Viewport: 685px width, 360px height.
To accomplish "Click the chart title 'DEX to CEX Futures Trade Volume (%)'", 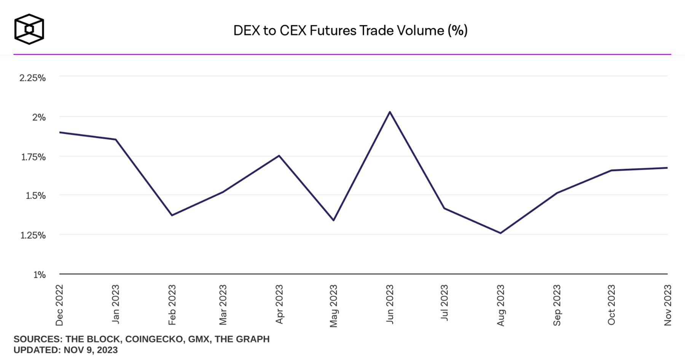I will tap(350, 30).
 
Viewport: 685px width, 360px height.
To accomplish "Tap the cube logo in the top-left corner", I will tap(29, 29).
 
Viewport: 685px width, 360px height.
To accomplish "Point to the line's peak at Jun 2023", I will tap(390, 112).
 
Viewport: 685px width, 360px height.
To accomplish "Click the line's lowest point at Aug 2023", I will tap(500, 233).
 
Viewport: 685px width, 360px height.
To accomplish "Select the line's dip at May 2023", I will tap(333, 220).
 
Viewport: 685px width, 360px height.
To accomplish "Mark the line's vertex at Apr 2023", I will tap(279, 156).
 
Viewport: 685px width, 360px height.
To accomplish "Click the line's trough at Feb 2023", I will tap(172, 215).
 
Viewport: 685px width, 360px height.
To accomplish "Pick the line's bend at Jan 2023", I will tap(116, 140).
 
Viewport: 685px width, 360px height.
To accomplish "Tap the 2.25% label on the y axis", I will tap(33, 78).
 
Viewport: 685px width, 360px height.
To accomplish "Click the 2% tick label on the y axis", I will tap(39, 117).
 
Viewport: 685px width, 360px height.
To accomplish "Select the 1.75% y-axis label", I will tap(33, 157).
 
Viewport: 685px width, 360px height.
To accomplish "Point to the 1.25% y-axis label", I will tap(33, 235).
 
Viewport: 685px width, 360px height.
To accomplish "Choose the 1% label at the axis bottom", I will tap(40, 274).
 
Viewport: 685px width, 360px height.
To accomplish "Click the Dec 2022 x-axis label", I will tap(59, 305).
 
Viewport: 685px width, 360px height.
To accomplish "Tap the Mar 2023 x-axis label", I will tap(223, 305).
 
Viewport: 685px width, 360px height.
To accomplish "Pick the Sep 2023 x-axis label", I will tap(557, 305).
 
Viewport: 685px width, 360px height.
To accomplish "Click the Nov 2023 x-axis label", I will tap(667, 305).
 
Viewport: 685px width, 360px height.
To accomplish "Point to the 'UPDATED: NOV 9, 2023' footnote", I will tap(65, 350).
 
